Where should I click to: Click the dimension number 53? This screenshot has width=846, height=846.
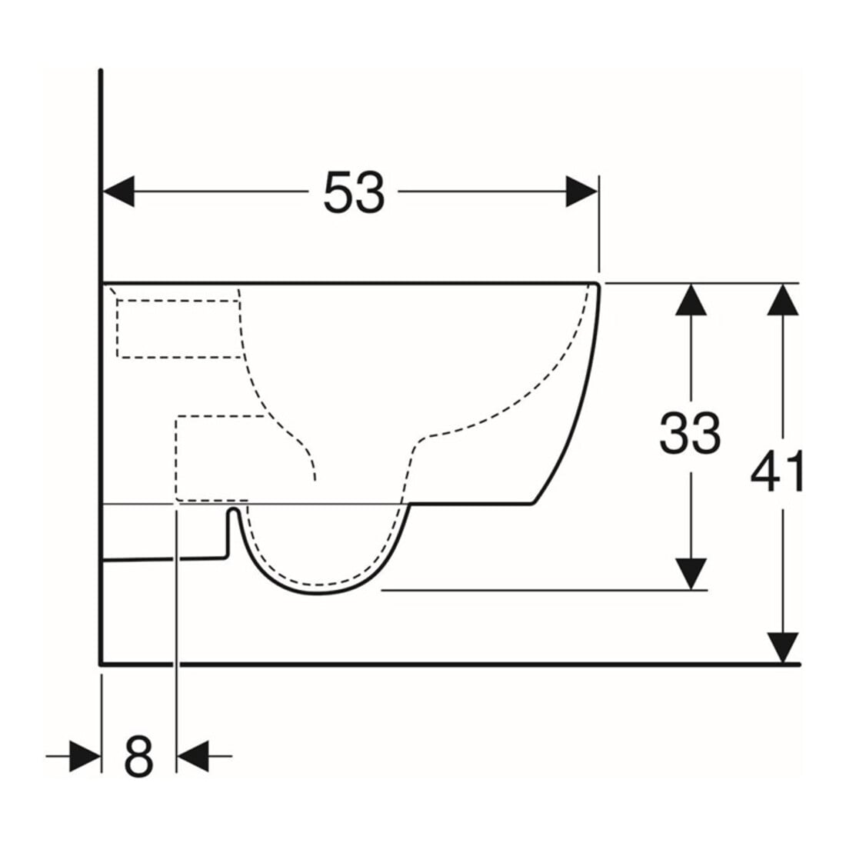click(x=354, y=192)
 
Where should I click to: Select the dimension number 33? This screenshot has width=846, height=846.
click(x=690, y=432)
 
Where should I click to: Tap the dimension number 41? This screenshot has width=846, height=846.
click(x=777, y=471)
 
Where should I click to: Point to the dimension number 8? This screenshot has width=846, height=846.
click(x=138, y=756)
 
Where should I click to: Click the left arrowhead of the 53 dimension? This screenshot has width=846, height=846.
click(x=118, y=192)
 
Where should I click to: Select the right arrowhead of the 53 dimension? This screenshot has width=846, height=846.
click(x=581, y=192)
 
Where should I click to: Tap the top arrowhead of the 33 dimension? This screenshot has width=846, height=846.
click(x=691, y=299)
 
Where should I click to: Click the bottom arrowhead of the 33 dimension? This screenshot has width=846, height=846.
click(x=691, y=574)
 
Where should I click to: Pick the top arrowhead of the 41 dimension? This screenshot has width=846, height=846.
click(x=783, y=299)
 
